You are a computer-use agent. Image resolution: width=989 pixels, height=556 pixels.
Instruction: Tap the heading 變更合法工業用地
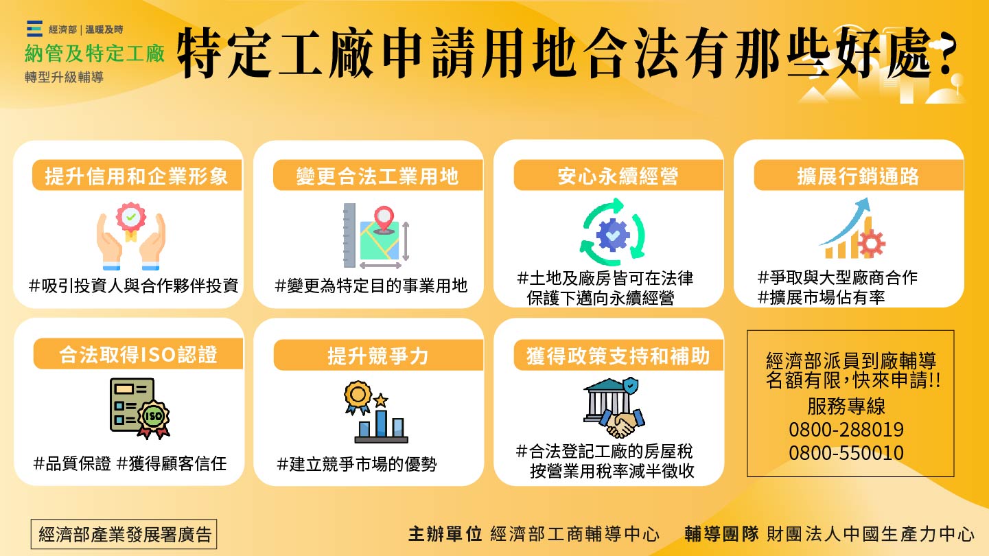pos(377,176)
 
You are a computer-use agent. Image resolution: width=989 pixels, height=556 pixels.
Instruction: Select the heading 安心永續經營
pos(618,176)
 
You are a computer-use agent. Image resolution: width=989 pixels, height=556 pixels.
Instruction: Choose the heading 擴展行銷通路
pos(858,176)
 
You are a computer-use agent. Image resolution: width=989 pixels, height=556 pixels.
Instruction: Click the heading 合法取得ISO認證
pos(137,354)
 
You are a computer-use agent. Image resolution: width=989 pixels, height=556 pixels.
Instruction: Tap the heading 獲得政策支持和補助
pos(618,356)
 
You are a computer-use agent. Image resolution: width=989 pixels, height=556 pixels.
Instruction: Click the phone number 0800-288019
pos(846,430)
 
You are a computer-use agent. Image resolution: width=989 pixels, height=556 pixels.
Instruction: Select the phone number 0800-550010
pos(846,453)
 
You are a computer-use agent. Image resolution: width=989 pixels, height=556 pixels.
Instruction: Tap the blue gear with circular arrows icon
pos(613,233)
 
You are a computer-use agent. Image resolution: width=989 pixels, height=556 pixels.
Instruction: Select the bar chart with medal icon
pos(376,412)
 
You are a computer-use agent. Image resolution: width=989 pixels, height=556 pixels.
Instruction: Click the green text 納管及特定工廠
pos(95,54)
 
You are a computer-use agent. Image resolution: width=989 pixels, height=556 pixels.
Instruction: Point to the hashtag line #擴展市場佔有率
pos(821,297)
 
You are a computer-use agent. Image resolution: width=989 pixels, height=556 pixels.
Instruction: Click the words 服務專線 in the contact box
pos(846,406)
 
